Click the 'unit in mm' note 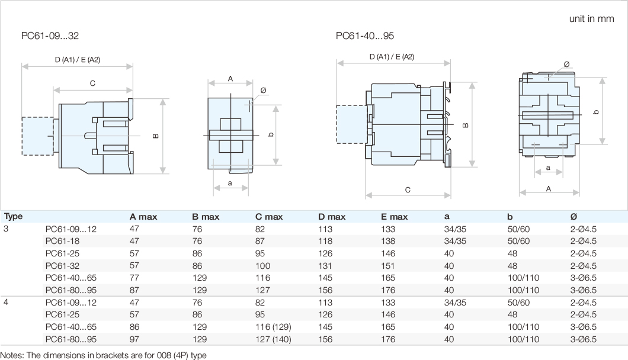591,19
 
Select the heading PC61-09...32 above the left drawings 50,35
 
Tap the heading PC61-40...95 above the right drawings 365,35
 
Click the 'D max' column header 332,217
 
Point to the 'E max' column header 395,217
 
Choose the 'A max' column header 143,217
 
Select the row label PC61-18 62,241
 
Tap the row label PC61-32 62,266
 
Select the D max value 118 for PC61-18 325,241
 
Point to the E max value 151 387,266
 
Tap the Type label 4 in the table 6,303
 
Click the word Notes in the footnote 12,355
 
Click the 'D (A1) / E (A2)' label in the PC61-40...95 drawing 392,57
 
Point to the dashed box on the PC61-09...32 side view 38,136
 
